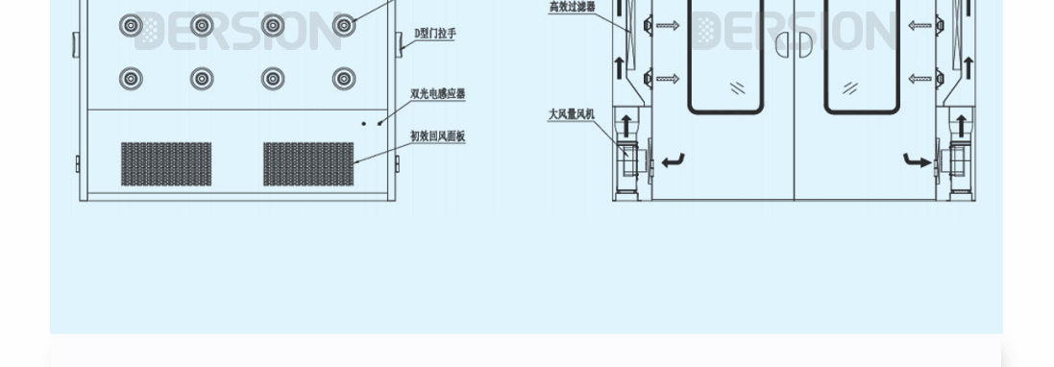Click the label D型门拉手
pyautogui.click(x=435, y=34)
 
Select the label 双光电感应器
pyautogui.click(x=437, y=93)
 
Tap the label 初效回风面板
pyautogui.click(x=437, y=136)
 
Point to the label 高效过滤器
pyautogui.click(x=572, y=7)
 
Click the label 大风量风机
pyautogui.click(x=572, y=114)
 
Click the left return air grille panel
pyautogui.click(x=166, y=163)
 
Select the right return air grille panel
pyautogui.click(x=308, y=163)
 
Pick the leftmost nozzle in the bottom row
pyautogui.click(x=131, y=79)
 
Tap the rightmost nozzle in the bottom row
pyautogui.click(x=343, y=79)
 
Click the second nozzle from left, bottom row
pyautogui.click(x=202, y=79)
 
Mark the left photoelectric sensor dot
pyautogui.click(x=364, y=123)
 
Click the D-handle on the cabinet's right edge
pyautogui.click(x=398, y=42)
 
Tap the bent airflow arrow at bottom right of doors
pyautogui.click(x=917, y=160)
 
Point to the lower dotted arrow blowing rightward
pyautogui.click(x=667, y=79)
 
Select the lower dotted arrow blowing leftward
pyautogui.click(x=919, y=79)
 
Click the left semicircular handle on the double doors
pyautogui.click(x=781, y=43)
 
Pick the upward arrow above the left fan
pyautogui.click(x=625, y=124)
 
